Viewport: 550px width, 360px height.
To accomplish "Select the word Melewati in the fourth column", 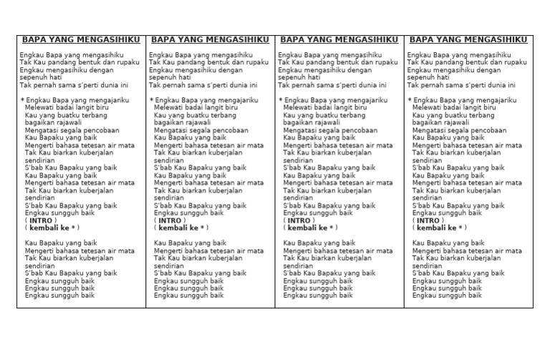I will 427,107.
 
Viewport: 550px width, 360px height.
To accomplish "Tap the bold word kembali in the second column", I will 173,228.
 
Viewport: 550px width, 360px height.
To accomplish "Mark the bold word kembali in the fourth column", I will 431,228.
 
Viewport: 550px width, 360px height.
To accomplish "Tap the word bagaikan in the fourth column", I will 425,122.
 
